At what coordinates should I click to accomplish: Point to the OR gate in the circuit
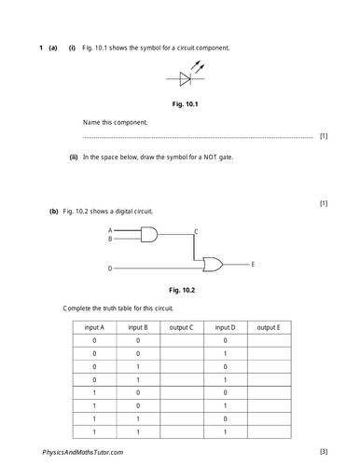214,266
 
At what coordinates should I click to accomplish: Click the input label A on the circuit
110,230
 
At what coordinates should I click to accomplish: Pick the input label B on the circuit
110,239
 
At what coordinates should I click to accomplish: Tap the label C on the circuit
195,230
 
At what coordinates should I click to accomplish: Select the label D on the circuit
110,268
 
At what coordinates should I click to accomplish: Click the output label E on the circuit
253,265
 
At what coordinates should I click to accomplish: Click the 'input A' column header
94,327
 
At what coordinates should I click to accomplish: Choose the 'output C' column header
181,327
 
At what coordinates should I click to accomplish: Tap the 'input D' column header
225,327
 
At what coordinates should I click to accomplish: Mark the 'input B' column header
138,327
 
